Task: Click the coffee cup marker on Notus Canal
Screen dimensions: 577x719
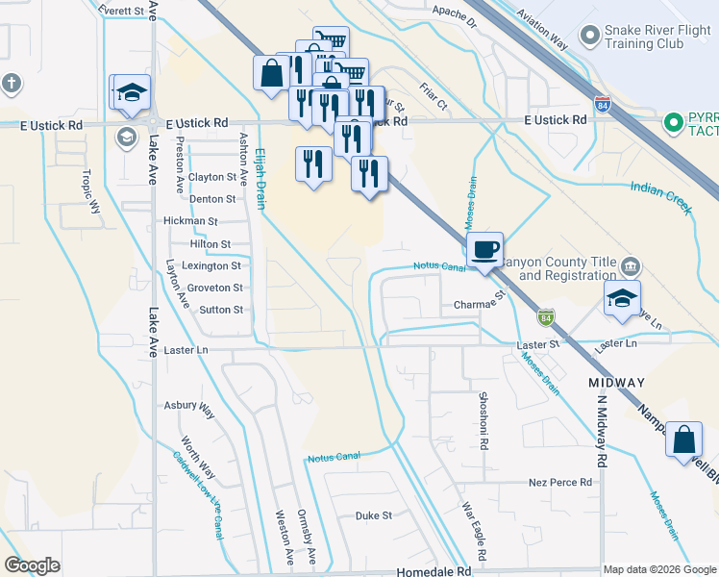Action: point(484,250)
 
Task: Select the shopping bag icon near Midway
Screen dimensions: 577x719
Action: point(682,440)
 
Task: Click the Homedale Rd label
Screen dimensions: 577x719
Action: point(438,570)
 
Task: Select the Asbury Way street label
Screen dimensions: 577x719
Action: point(188,409)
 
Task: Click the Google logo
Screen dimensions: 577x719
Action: point(33,564)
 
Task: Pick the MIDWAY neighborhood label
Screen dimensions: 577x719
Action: point(616,383)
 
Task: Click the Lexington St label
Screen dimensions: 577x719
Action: point(211,266)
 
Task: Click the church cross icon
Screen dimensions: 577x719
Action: point(12,83)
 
